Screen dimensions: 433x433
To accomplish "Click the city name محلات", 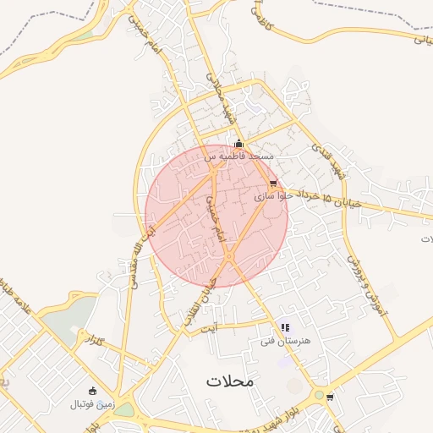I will click(228, 381).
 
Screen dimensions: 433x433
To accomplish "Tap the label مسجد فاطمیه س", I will click(239, 156).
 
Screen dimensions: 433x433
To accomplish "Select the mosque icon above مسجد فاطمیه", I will click(239, 144).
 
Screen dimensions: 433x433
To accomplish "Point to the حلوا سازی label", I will click(271, 195).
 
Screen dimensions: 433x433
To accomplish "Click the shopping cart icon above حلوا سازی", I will click(272, 183).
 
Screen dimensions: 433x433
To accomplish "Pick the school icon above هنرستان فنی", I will click(285, 327).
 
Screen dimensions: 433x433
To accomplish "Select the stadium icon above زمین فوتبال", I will click(92, 391).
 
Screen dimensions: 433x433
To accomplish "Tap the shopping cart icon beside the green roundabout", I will click(329, 397).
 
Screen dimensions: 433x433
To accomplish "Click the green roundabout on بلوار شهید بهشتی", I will click(318, 395).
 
